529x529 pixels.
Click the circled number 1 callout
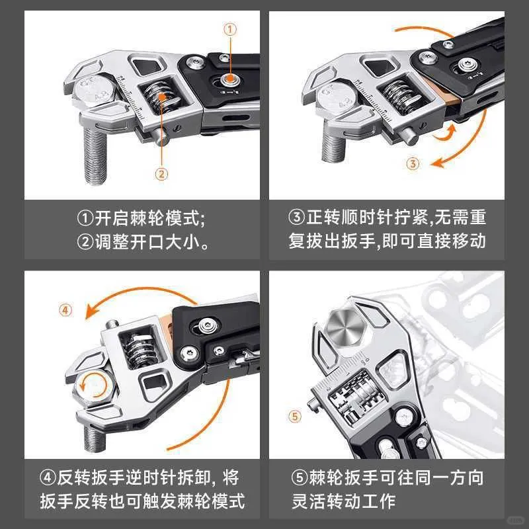point(230,28)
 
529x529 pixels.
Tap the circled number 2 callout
point(161,174)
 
